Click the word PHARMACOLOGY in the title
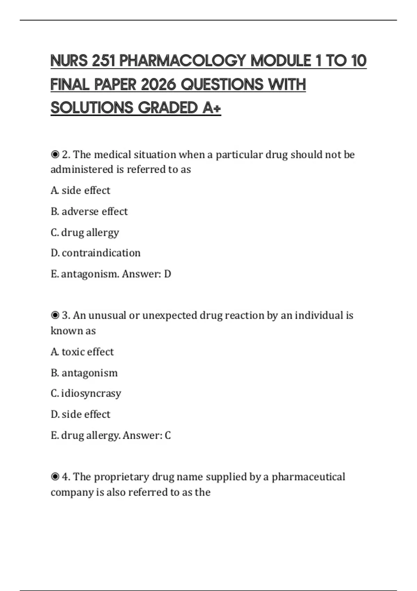[183, 61]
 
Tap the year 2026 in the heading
[159, 84]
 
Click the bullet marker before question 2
[55, 154]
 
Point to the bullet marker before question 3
[55, 315]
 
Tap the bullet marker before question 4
[55, 477]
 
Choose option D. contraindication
[96, 253]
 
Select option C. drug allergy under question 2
[85, 232]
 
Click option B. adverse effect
[89, 211]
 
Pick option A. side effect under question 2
[80, 191]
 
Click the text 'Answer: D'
[147, 274]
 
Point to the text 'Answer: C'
[147, 435]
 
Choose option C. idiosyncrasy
[86, 393]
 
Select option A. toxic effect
[82, 352]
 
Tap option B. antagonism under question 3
[84, 373]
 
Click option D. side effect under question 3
[80, 414]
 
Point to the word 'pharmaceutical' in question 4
[308, 477]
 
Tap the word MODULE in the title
[280, 61]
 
